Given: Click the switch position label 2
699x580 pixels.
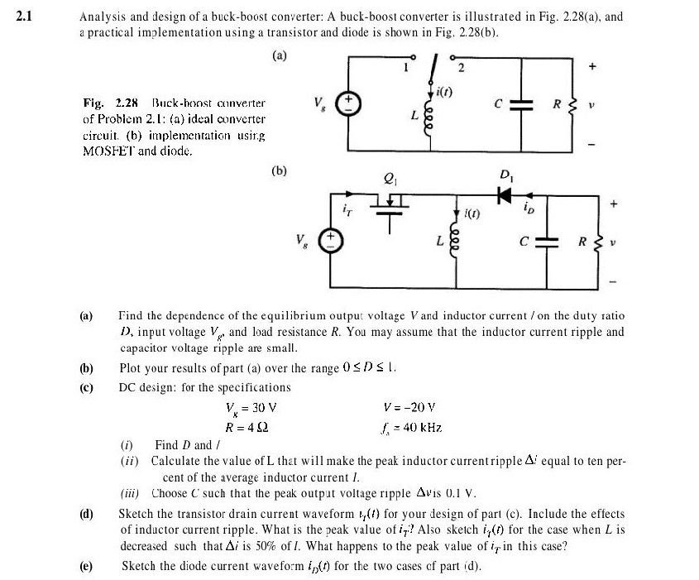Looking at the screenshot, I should point(462,68).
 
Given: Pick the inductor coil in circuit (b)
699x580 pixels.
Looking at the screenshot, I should point(455,240).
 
